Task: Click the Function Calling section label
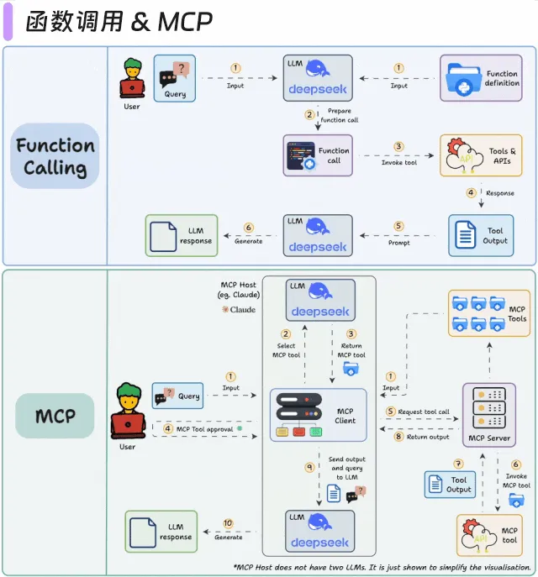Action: tap(55, 156)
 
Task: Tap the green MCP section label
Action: tap(55, 416)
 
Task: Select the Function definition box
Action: tap(480, 78)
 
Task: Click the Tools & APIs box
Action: tap(480, 155)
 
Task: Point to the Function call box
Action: tap(318, 155)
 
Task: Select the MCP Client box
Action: tap(318, 416)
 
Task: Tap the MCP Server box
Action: tap(488, 415)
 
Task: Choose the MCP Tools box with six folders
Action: tap(488, 312)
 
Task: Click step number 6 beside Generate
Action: tap(248, 227)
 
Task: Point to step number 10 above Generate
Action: tap(228, 523)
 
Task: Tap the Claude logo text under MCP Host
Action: tap(239, 309)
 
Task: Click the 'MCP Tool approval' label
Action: tap(202, 428)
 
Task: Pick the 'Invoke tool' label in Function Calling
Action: tap(399, 163)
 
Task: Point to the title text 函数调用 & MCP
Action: tap(119, 21)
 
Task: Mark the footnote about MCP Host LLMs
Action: tap(382, 568)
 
